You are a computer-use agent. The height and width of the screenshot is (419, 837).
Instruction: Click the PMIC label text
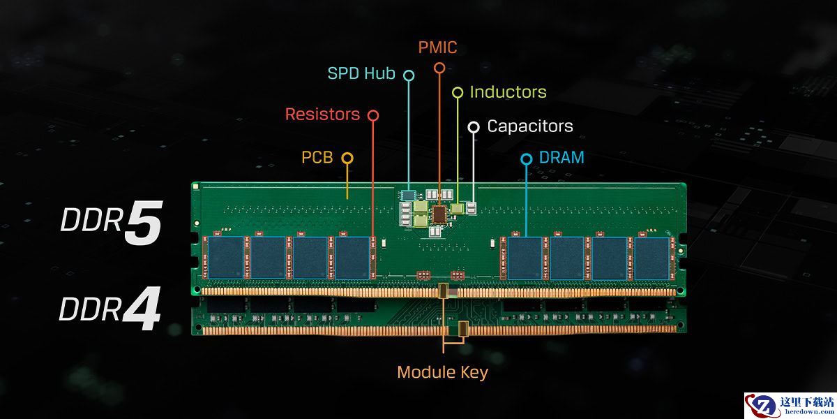437,47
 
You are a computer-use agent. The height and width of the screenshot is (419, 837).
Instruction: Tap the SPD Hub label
361,73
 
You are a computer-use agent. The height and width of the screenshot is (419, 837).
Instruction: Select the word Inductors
508,92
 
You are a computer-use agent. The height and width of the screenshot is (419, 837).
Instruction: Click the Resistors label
322,114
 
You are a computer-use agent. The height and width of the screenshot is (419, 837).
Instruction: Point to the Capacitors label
530,126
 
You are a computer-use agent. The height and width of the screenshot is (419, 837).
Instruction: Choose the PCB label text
317,158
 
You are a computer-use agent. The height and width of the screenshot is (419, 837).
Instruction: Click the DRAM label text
561,158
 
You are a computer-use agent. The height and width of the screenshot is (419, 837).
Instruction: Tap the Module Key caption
442,373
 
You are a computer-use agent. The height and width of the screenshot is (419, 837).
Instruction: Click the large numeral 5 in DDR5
144,223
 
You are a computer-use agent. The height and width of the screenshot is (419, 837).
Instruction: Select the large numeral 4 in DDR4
142,308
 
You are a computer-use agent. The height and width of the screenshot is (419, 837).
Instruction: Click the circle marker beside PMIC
439,68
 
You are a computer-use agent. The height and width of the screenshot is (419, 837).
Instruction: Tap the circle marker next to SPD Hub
409,75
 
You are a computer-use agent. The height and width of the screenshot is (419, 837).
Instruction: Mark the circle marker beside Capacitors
474,127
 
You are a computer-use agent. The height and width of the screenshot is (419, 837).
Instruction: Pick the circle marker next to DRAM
527,159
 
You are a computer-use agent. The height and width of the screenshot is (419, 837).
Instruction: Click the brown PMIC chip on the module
439,214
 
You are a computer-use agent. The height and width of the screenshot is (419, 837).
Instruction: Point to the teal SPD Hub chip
409,195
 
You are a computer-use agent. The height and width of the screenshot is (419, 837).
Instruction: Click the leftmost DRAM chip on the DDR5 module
226,258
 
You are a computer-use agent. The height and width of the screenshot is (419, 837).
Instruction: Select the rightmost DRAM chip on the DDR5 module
651,258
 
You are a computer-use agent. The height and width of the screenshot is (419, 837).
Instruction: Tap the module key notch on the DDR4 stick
463,328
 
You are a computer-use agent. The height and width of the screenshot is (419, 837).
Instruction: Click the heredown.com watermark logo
790,406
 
